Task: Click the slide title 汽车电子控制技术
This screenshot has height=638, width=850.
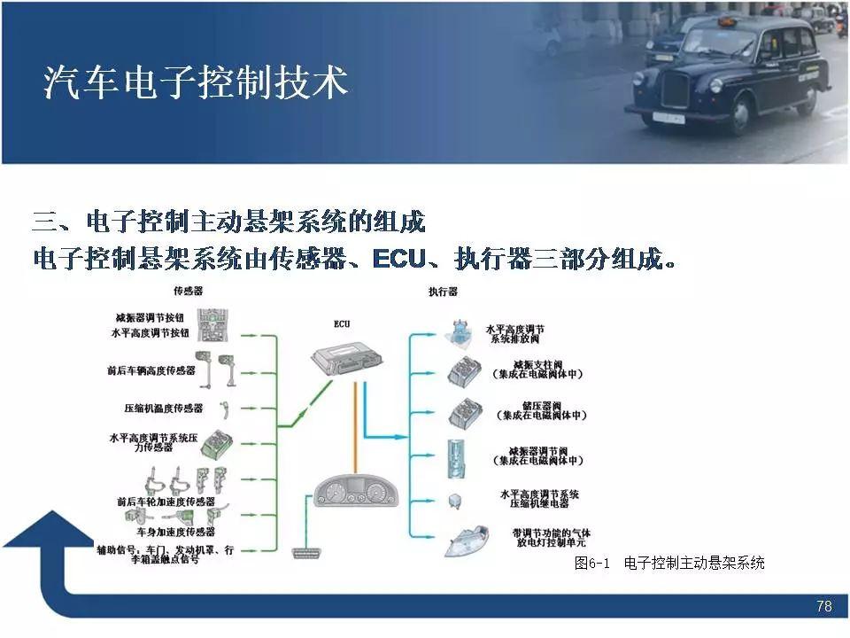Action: (196, 84)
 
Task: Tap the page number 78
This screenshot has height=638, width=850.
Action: (824, 607)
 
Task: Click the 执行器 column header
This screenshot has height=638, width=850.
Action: (442, 292)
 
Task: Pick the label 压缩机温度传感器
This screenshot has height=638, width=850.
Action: (163, 409)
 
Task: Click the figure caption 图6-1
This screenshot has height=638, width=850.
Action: (593, 564)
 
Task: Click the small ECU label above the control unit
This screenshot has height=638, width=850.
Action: (342, 324)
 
